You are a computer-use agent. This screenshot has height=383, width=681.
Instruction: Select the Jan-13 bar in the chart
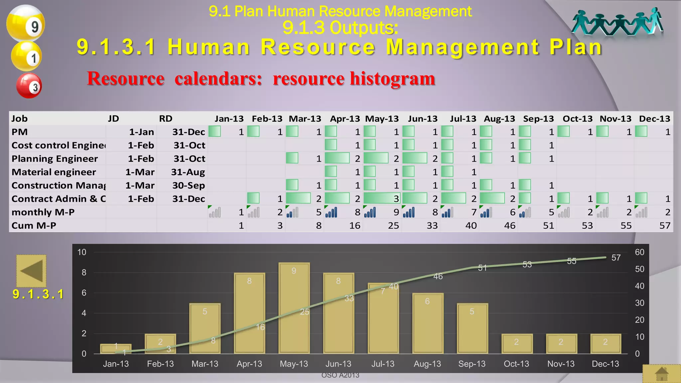pos(116,348)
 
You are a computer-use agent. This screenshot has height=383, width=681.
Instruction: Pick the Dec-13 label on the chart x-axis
pos(605,364)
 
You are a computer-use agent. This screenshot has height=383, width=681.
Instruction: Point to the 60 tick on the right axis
pos(639,252)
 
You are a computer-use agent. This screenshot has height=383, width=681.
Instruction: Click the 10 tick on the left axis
pos(82,252)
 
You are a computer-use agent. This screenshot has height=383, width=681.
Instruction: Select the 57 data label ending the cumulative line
pos(616,258)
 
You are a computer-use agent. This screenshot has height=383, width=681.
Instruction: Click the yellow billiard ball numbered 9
pos(26,23)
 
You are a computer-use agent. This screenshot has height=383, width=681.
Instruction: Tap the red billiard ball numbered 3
pos(29,86)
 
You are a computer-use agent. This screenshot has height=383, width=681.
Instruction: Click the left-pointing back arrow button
pos(31,271)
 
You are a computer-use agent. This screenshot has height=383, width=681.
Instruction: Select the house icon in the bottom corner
pos(661,374)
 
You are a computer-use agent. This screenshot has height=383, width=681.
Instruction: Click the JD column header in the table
pos(113,119)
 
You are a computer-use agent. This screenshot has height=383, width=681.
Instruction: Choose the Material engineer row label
pos(54,172)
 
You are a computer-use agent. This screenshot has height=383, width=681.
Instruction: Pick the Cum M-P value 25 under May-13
pos(393,226)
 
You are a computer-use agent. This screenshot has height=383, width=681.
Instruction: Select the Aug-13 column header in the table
pos(499,119)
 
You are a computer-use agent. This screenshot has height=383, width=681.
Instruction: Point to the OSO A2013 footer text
pos(340,375)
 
